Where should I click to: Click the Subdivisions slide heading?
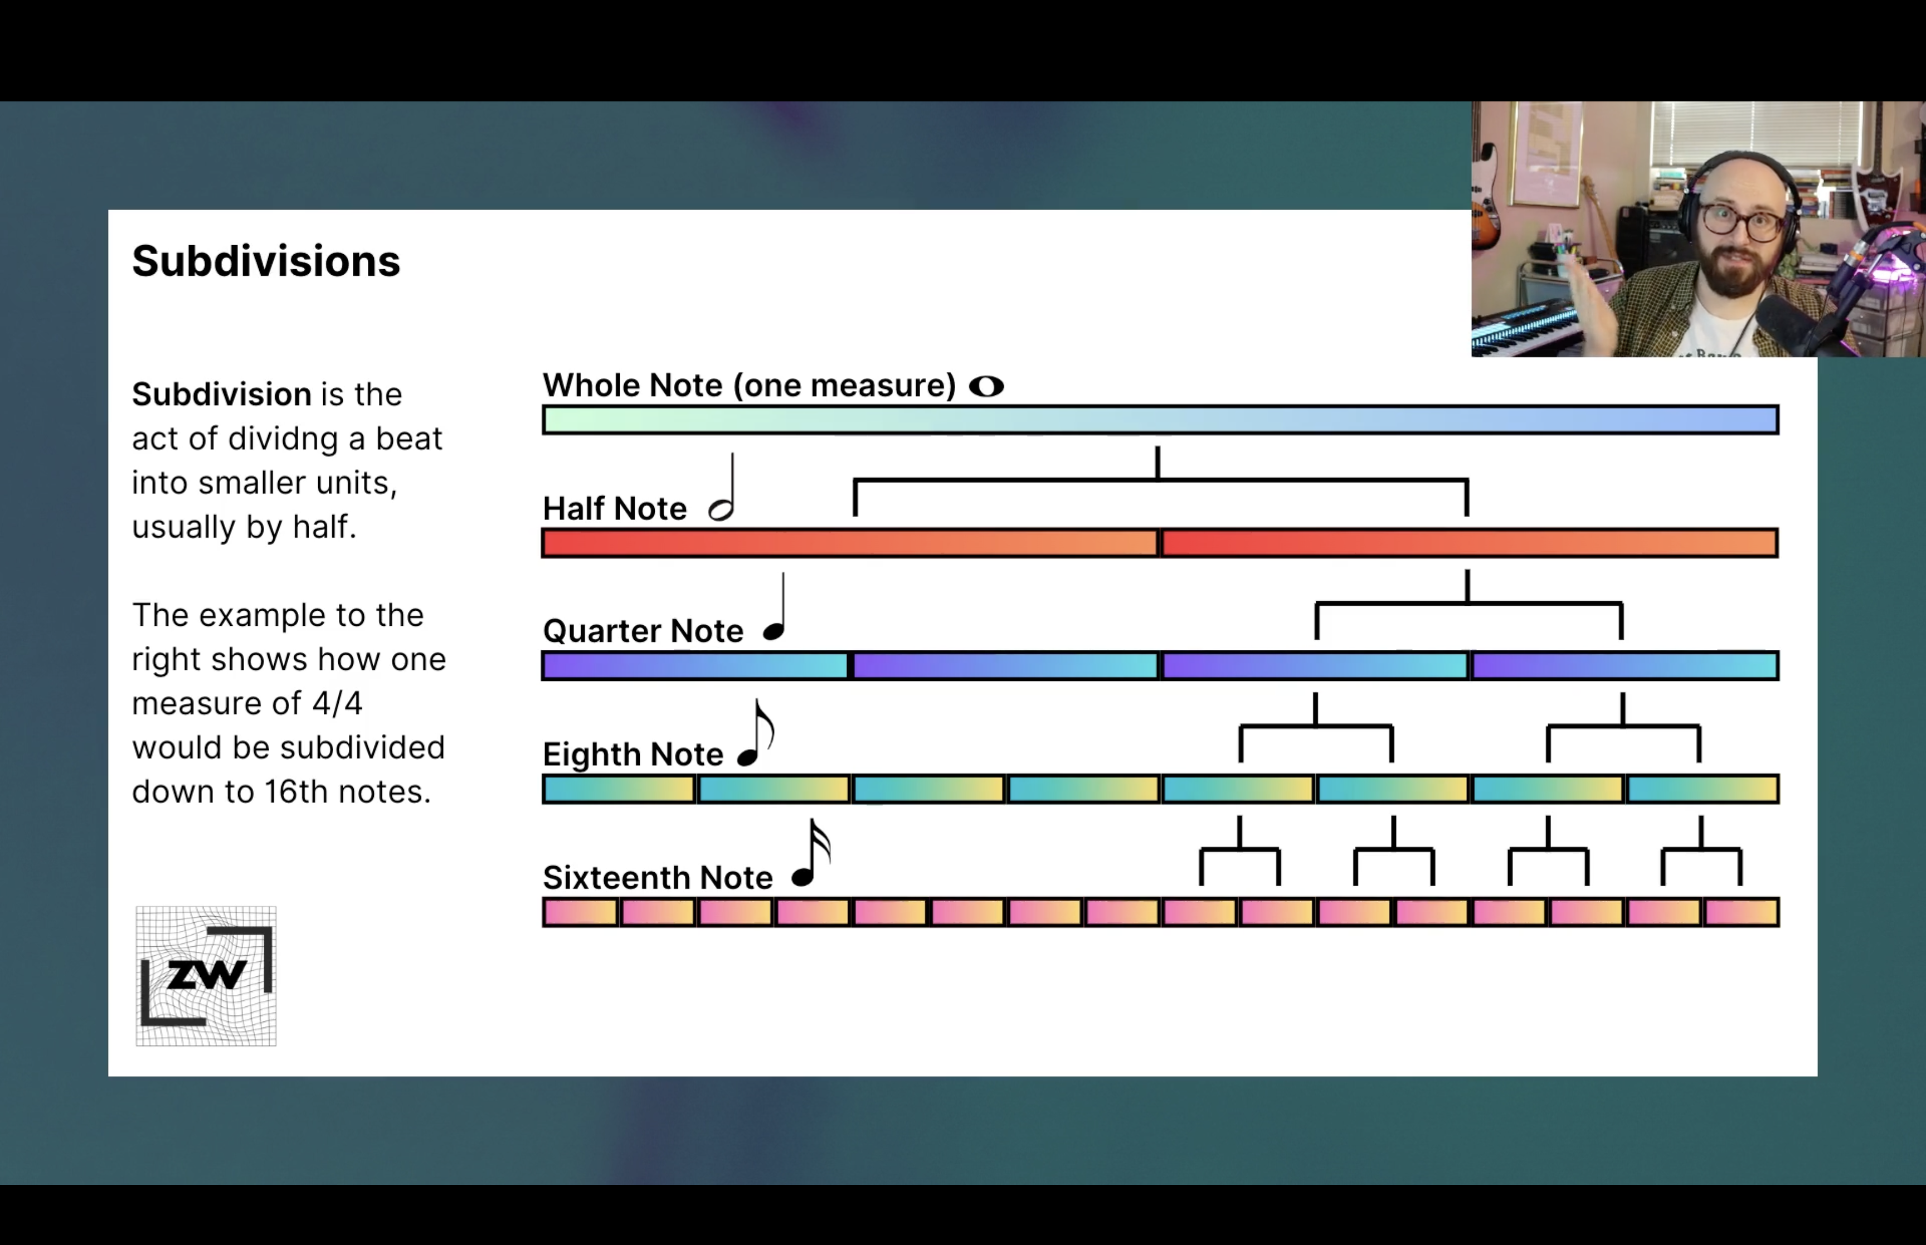pyautogui.click(x=266, y=261)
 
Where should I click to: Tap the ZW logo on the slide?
pyautogui.click(x=206, y=976)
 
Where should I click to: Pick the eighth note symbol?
pyautogui.click(x=756, y=732)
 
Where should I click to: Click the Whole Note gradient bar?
pyautogui.click(x=1161, y=420)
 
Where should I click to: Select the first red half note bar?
pyautogui.click(x=850, y=542)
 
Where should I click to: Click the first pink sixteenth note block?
pyautogui.click(x=580, y=912)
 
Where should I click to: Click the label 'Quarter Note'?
pyautogui.click(x=643, y=631)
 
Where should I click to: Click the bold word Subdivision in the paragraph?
pyautogui.click(x=221, y=395)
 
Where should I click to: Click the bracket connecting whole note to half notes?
pyautogui.click(x=1161, y=480)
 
